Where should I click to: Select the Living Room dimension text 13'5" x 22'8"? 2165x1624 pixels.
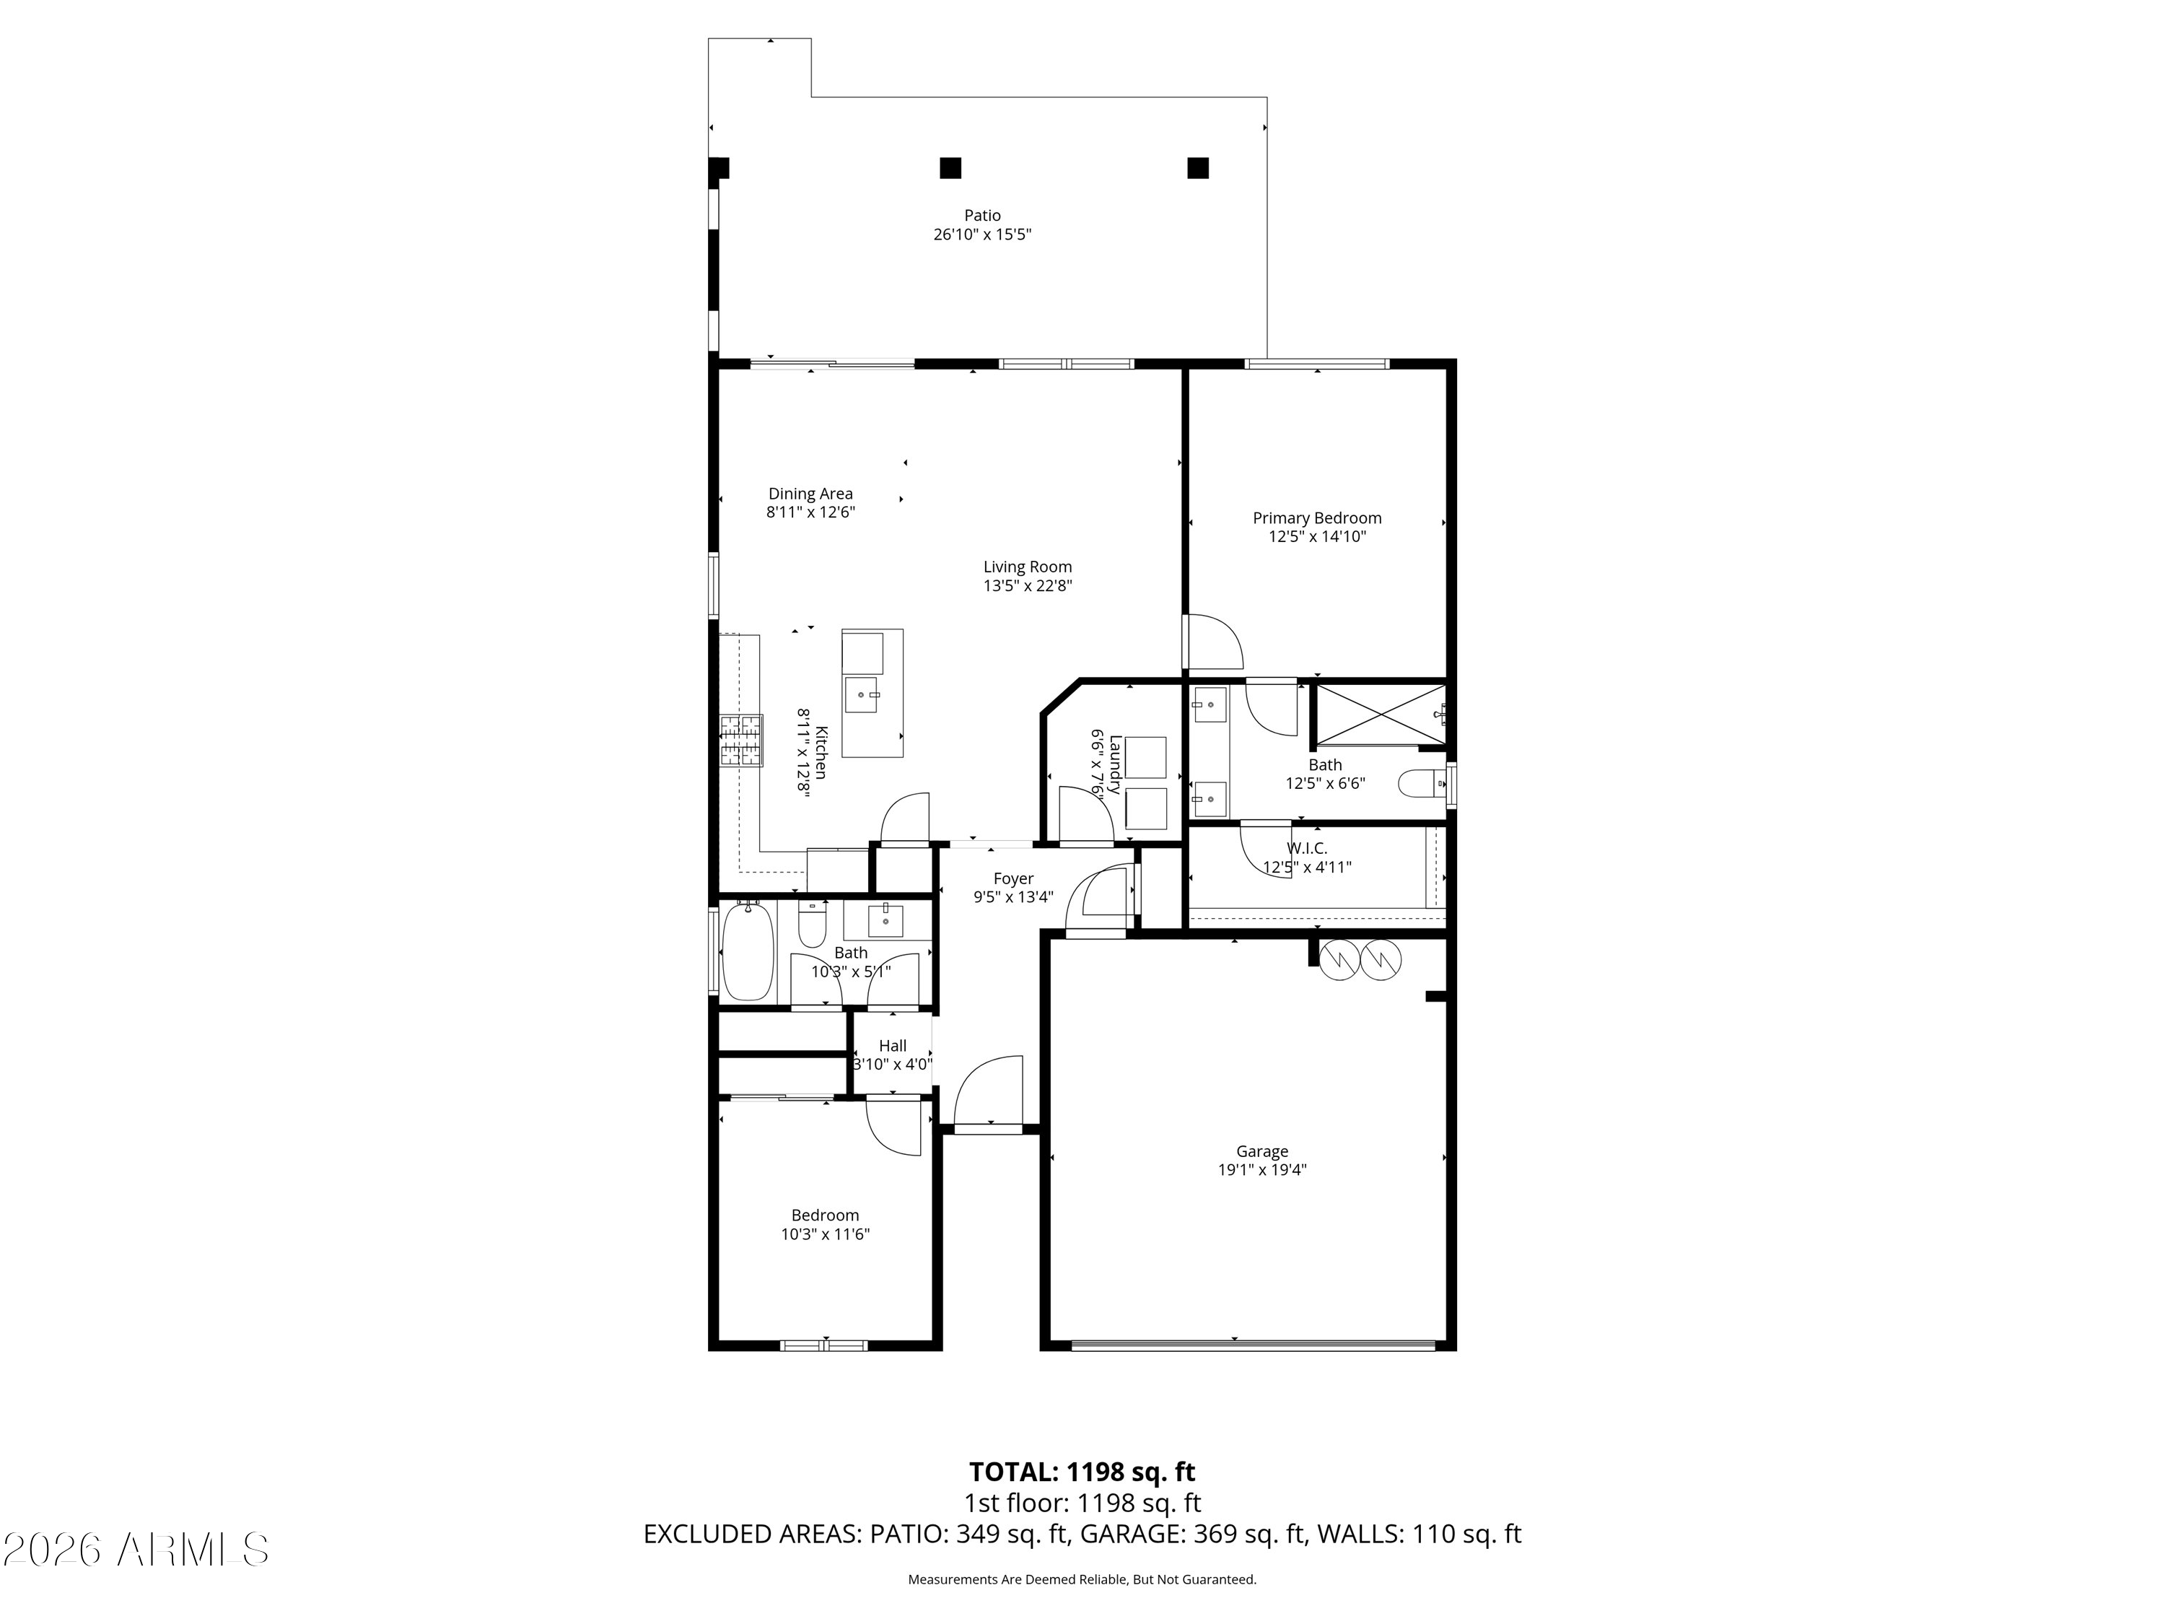1028,585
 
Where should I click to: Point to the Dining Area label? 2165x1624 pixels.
810,494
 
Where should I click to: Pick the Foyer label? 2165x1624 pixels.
1013,878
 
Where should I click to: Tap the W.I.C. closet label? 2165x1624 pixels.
1307,848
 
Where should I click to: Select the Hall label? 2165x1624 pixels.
893,1045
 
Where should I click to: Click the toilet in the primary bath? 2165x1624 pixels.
1421,783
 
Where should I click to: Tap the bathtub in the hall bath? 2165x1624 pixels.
749,951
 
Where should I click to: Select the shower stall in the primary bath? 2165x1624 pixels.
1379,715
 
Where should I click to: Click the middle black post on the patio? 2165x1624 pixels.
950,168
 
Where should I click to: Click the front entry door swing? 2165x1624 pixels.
989,1091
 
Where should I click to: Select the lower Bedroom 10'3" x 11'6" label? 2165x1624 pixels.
825,1225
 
